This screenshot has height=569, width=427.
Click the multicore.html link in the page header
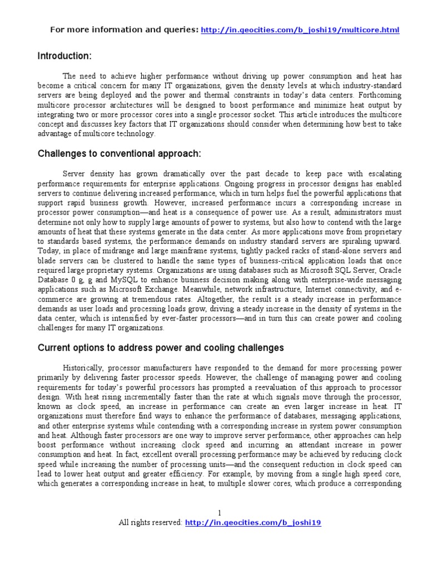coord(299,29)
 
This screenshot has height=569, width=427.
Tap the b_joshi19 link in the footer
coord(252,522)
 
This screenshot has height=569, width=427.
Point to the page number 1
coord(220,512)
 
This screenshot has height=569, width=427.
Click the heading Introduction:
coord(64,56)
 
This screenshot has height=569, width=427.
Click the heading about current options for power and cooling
coord(161,348)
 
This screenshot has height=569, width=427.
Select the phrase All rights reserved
coord(150,522)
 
